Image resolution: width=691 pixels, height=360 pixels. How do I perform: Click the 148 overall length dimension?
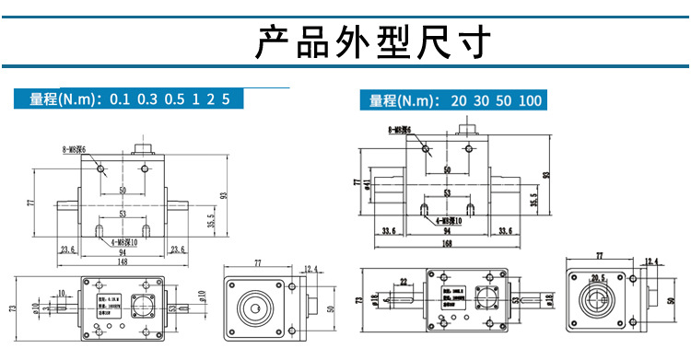click(x=123, y=261)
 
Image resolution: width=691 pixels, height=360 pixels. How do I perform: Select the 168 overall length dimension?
click(x=445, y=245)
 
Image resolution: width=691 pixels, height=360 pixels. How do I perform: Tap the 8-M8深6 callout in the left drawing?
click(x=75, y=148)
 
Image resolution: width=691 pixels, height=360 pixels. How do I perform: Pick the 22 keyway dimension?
click(x=403, y=281)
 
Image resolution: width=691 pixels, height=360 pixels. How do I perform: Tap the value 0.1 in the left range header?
click(x=120, y=99)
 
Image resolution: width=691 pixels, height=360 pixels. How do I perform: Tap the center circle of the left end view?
click(x=252, y=308)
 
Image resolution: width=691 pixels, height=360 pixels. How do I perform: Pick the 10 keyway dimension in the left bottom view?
click(x=60, y=293)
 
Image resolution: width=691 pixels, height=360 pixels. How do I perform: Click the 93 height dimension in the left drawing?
click(x=222, y=195)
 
